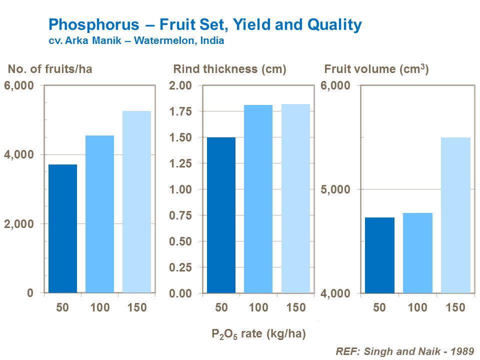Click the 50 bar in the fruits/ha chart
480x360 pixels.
point(62,228)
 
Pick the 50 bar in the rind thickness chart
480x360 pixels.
point(221,215)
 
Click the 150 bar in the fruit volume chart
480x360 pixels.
point(455,215)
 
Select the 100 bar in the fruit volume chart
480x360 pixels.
point(417,252)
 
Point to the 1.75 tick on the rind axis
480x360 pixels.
point(181,111)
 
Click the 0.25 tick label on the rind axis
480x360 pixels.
point(181,267)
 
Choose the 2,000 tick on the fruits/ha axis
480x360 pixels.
point(20,224)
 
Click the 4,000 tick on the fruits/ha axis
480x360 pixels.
point(20,155)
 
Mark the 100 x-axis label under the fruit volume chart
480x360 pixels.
point(417,307)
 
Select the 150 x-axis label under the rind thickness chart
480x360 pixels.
point(295,307)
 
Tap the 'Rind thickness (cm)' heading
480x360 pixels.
point(229,69)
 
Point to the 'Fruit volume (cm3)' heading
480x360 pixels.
point(376,69)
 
